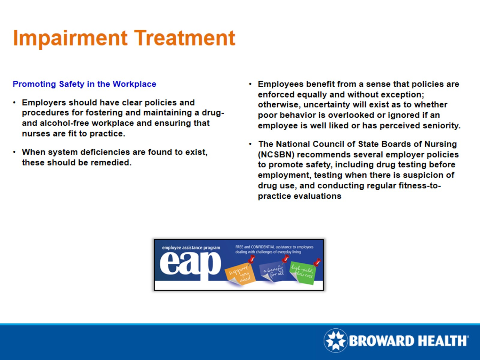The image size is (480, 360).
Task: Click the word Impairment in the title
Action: tap(70, 38)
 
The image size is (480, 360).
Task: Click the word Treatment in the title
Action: tap(185, 38)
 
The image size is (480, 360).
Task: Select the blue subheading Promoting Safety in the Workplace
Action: tap(84, 84)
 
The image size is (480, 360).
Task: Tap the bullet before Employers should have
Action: tap(14, 103)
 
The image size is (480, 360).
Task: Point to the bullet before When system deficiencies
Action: tap(14, 152)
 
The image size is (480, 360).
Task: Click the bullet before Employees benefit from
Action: tap(250, 84)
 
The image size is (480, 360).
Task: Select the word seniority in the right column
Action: tap(441, 126)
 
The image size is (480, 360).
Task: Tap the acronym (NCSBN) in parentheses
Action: tap(276, 155)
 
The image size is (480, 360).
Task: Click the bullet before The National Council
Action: tap(250, 144)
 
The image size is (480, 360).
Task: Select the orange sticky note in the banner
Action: tap(240, 274)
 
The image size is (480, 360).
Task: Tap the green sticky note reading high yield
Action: tap(302, 272)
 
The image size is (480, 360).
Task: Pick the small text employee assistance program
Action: tap(191, 248)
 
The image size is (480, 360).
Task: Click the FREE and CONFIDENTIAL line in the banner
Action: tap(274, 247)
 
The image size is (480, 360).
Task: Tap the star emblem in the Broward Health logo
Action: tap(335, 340)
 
